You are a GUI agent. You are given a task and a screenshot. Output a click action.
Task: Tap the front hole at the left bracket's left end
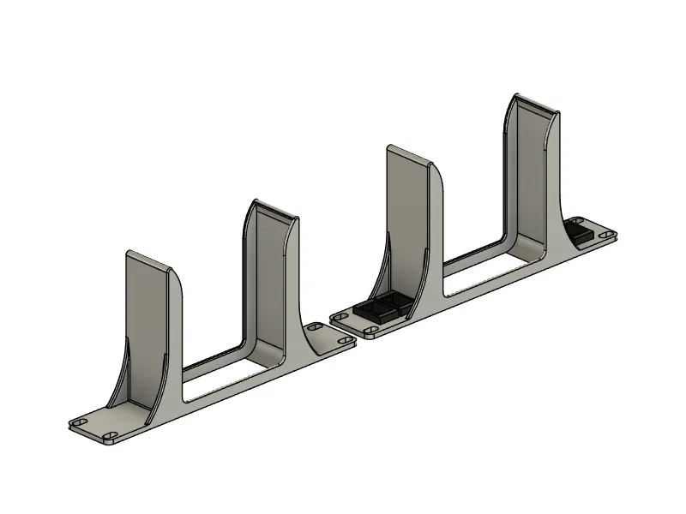tap(110, 437)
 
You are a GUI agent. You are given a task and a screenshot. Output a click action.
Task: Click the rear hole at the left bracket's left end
tap(81, 423)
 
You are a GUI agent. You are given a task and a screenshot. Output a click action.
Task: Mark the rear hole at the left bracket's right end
tap(315, 327)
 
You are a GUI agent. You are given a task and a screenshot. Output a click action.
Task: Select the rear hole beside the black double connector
tap(340, 317)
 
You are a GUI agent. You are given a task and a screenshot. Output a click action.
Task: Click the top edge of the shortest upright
tap(150, 260)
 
